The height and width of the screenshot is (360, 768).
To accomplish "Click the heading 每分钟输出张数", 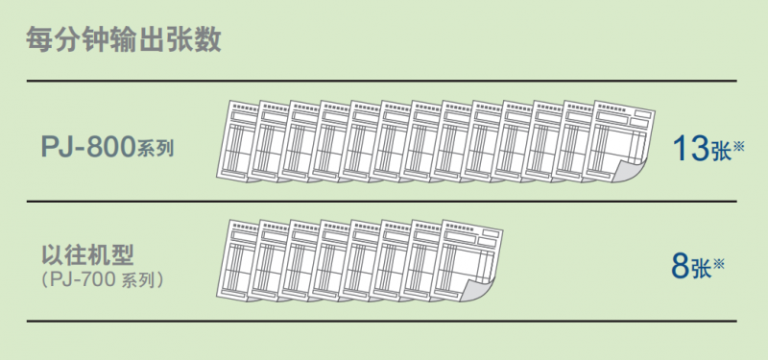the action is (x=124, y=40).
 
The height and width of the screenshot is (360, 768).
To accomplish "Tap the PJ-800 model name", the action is (x=87, y=147).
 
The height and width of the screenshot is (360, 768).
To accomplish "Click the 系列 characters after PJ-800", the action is (x=155, y=149).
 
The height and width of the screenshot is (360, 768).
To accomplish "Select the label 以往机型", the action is (x=87, y=254).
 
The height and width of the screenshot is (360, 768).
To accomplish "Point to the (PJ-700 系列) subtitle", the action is (x=103, y=280).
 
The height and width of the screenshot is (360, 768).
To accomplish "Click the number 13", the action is (x=691, y=149).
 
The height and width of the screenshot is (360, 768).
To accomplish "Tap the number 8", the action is (x=681, y=266).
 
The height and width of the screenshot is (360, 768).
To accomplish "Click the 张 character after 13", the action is (x=721, y=152).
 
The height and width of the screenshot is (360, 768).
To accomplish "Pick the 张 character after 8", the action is (x=701, y=268).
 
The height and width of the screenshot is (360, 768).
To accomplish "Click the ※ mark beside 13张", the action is (x=738, y=146).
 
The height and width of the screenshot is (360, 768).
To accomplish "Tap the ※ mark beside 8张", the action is (x=718, y=262).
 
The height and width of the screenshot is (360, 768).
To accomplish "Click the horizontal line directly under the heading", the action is (x=381, y=81).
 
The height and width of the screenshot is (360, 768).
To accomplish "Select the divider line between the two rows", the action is (x=381, y=202).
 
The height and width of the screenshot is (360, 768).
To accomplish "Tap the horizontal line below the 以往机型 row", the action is (x=381, y=322).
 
